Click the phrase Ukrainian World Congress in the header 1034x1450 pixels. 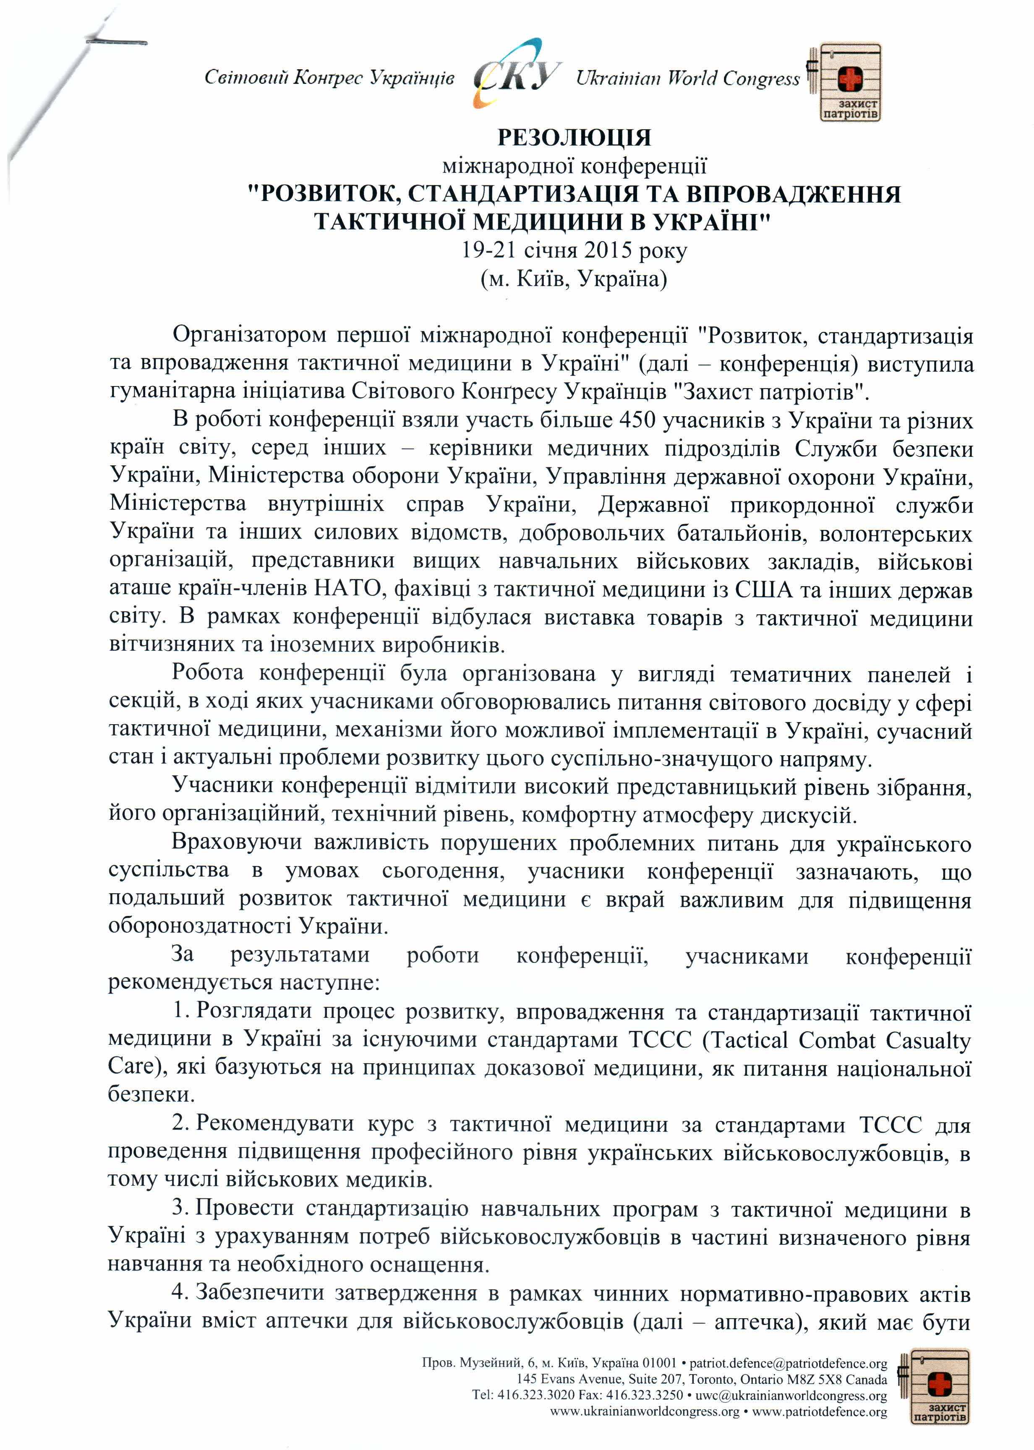[x=688, y=79]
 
